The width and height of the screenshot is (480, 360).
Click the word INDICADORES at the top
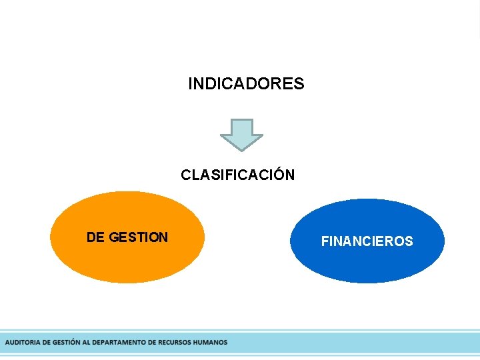[x=246, y=84]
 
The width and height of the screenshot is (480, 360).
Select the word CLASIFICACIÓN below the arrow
[x=237, y=175]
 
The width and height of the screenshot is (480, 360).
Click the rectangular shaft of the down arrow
[x=241, y=127]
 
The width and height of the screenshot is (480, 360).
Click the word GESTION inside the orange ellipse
[x=138, y=237]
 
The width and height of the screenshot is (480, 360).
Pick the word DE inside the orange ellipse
[x=95, y=237]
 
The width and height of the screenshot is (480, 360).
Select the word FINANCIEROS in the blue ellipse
[x=367, y=241]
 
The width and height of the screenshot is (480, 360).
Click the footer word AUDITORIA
[x=22, y=343]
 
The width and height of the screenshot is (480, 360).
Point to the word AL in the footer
[x=86, y=343]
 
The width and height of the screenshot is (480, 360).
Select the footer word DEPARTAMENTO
[x=118, y=343]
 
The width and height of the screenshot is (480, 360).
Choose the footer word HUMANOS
[x=210, y=343]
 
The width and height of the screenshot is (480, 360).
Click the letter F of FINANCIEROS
[x=325, y=241]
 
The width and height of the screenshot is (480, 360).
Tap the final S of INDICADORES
[x=299, y=84]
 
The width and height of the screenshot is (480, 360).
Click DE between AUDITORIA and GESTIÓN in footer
[x=45, y=343]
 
